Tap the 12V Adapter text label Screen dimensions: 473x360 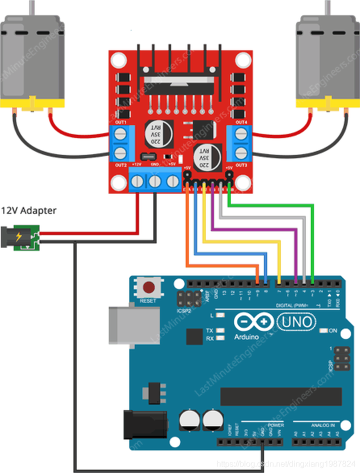pyautogui.click(x=28, y=210)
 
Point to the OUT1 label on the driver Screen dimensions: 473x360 pyautogui.click(x=120, y=122)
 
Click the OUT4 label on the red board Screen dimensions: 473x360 pyautogui.click(x=241, y=122)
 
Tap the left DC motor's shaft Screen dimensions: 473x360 pyautogui.click(x=31, y=7)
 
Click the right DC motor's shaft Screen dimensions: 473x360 pyautogui.click(x=329, y=7)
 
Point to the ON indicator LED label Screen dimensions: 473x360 pyautogui.click(x=333, y=331)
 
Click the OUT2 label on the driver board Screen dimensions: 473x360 pyautogui.click(x=120, y=165)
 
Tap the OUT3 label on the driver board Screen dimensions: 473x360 pyautogui.click(x=241, y=165)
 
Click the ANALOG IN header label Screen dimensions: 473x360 pyautogui.click(x=322, y=425)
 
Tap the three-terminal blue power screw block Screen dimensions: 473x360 pyautogui.click(x=155, y=181)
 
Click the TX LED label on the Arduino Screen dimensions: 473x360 pyautogui.click(x=210, y=331)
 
